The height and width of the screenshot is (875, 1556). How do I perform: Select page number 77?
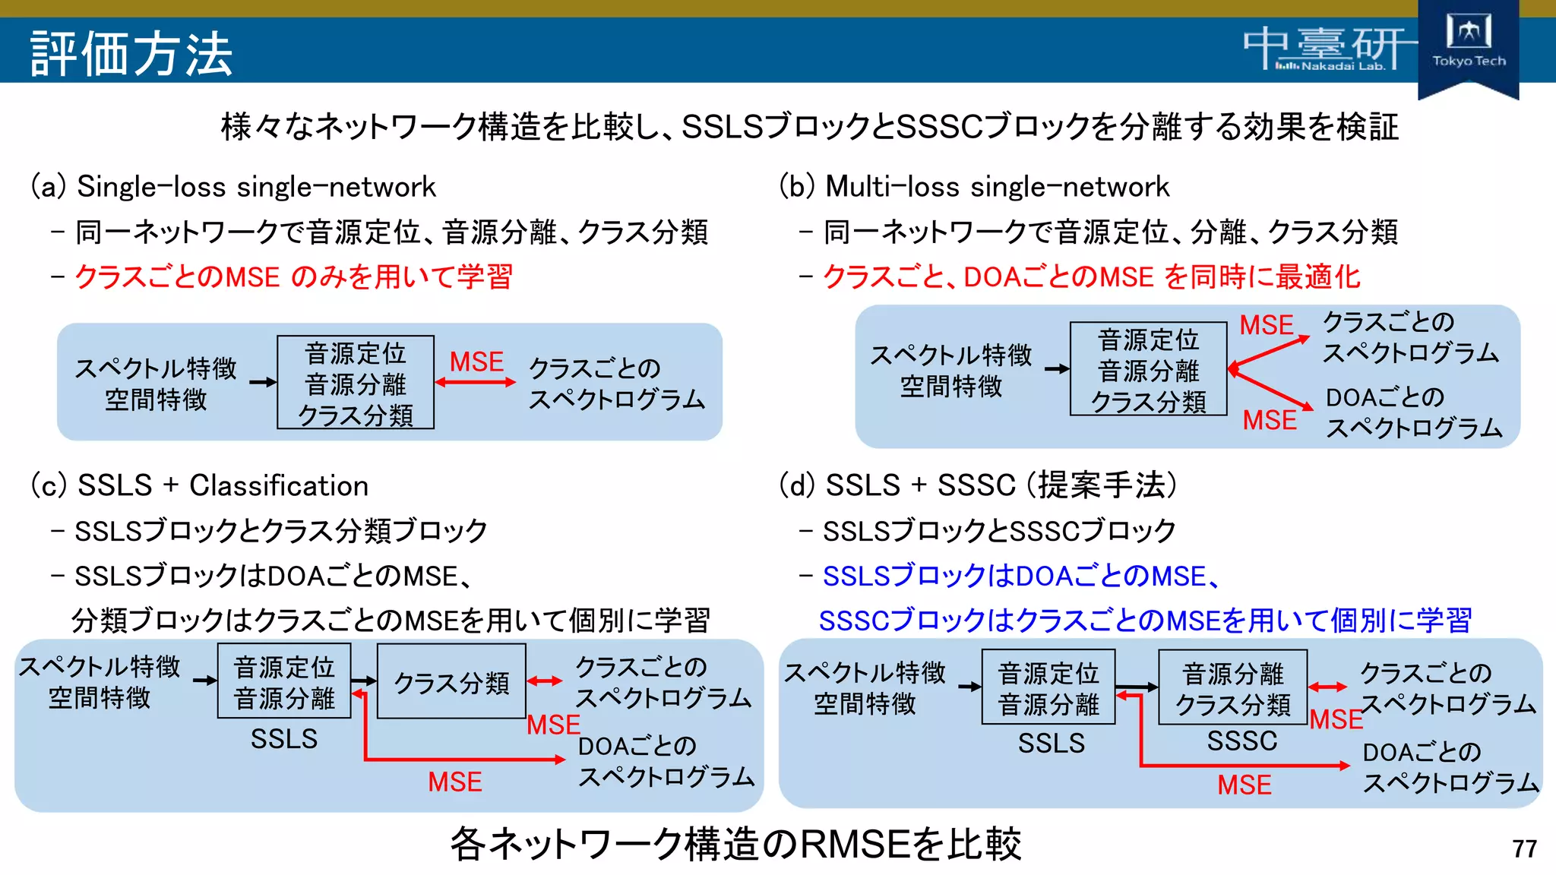click(1524, 848)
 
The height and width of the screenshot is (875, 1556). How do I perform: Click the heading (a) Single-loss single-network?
click(233, 187)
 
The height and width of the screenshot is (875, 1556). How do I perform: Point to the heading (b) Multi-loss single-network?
click(974, 187)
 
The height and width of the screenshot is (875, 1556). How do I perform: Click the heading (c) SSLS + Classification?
click(199, 485)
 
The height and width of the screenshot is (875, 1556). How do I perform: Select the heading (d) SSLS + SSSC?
click(978, 485)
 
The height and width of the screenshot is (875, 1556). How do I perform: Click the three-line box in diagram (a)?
click(356, 383)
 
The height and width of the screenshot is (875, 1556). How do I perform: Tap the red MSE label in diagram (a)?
click(476, 362)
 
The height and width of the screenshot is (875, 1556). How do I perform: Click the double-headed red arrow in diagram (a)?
click(476, 382)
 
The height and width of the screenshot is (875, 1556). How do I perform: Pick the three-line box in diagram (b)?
click(1148, 369)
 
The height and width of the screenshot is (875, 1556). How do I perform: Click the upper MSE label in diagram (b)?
click(1266, 325)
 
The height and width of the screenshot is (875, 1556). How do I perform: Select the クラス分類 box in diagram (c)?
click(451, 681)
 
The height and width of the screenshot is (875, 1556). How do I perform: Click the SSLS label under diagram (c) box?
click(283, 738)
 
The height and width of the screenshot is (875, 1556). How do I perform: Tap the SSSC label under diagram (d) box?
click(1242, 741)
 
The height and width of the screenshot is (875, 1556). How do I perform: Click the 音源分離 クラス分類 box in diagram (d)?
click(1232, 687)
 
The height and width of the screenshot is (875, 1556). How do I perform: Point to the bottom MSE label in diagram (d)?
click(1244, 785)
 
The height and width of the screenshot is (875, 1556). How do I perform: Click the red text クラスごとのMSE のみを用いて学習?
click(293, 276)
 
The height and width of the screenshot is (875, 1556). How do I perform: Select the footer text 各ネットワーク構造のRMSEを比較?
click(735, 844)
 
